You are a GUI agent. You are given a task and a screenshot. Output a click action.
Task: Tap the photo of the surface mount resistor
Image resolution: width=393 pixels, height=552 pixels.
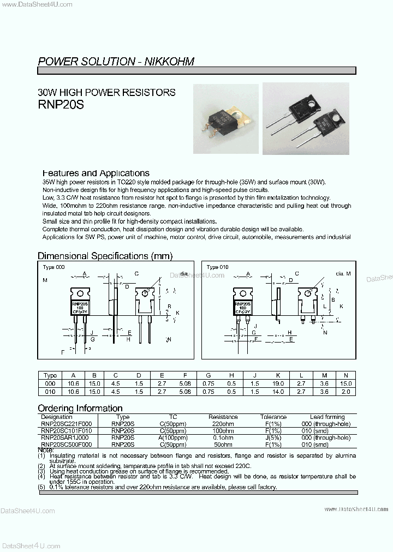[x=224, y=118]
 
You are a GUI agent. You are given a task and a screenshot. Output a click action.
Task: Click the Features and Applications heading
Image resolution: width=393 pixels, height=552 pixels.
[x=96, y=173]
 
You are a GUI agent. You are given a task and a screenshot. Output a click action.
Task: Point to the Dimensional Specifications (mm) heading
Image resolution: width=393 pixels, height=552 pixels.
[x=105, y=256]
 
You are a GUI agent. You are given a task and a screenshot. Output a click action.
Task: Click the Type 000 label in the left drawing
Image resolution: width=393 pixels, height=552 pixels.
[x=53, y=267]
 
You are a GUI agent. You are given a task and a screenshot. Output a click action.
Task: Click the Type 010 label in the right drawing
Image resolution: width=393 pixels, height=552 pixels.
[x=217, y=267]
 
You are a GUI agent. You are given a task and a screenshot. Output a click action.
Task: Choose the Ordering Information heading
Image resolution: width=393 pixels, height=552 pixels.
[x=80, y=408]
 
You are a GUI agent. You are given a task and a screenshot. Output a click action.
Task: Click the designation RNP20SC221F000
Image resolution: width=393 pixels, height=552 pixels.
[x=67, y=424]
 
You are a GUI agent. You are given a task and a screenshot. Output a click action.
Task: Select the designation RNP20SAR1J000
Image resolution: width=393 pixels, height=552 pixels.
[x=67, y=437]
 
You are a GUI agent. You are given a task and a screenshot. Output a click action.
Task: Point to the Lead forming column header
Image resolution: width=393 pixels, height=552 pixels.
[x=327, y=417]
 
